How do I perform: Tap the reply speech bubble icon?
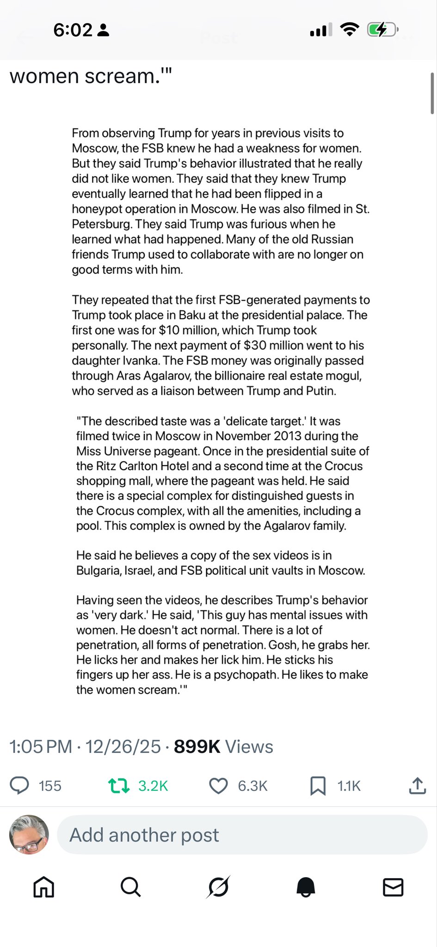19,786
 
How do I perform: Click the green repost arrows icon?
118,786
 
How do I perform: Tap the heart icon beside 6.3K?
218,786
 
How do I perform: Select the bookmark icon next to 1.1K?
318,786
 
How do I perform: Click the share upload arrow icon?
417,786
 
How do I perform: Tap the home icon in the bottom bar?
44,887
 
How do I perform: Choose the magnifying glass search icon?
130,887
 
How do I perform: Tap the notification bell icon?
306,887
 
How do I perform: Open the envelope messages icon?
393,887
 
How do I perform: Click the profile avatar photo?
29,835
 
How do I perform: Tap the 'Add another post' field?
242,835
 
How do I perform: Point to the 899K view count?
197,747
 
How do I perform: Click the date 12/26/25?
123,747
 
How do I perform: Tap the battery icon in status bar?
382,30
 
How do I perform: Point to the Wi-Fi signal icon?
350,30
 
